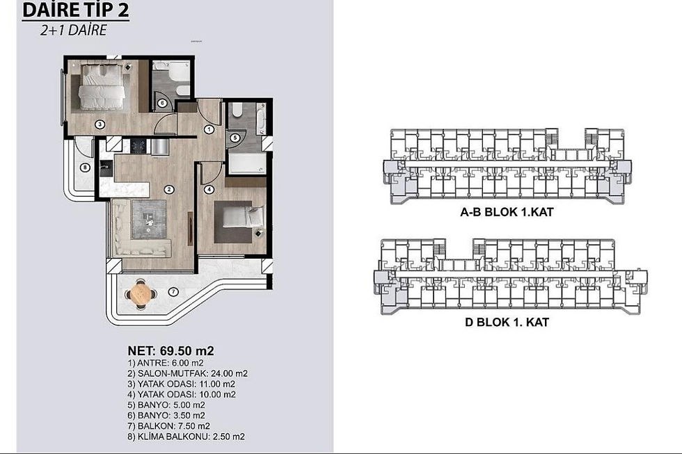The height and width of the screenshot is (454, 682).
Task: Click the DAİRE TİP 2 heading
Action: pyautogui.click(x=75, y=10)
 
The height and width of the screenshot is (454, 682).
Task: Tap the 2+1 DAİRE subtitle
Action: pyautogui.click(x=73, y=30)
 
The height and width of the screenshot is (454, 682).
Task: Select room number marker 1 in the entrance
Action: pyautogui.click(x=209, y=129)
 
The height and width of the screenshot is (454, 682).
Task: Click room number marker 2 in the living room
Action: pyautogui.click(x=168, y=189)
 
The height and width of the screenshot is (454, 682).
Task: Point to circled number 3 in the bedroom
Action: pyautogui.click(x=100, y=124)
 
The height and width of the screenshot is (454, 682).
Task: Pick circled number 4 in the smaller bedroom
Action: pyautogui.click(x=209, y=189)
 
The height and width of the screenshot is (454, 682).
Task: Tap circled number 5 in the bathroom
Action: pyautogui.click(x=235, y=138)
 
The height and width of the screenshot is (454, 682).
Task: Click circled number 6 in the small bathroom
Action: pyautogui.click(x=161, y=104)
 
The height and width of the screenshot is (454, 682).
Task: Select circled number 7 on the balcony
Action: pyautogui.click(x=173, y=291)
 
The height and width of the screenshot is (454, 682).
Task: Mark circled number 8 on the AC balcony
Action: pyautogui.click(x=85, y=167)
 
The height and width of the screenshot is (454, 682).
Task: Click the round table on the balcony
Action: pyautogui.click(x=141, y=293)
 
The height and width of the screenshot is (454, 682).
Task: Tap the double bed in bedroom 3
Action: pyautogui.click(x=102, y=86)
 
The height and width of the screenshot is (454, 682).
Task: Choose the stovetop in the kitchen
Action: pyautogui.click(x=139, y=146)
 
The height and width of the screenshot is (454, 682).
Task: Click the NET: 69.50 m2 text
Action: pyautogui.click(x=170, y=350)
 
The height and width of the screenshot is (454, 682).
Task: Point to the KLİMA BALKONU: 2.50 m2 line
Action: pyautogui.click(x=187, y=437)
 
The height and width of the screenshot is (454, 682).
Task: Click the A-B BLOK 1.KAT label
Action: pyautogui.click(x=507, y=212)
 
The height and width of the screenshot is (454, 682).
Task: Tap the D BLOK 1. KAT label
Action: pyautogui.click(x=507, y=322)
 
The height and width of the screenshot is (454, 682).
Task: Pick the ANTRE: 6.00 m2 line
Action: pyautogui.click(x=166, y=363)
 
